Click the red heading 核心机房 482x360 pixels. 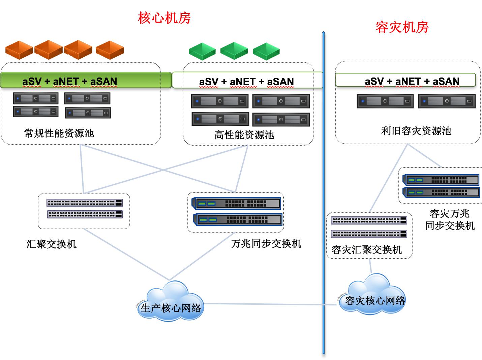(x=164, y=18)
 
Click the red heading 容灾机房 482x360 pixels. (x=402, y=27)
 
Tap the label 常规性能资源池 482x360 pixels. (x=59, y=133)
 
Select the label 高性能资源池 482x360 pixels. (x=244, y=135)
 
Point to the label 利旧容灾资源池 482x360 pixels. (x=416, y=131)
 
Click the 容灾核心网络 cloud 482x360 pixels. (x=374, y=297)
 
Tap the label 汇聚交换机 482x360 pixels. (x=51, y=244)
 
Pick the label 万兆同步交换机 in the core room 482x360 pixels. (x=266, y=243)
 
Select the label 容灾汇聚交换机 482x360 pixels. (x=367, y=250)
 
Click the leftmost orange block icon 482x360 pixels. (x=19, y=50)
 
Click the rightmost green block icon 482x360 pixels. (x=266, y=51)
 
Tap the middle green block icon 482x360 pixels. (x=234, y=51)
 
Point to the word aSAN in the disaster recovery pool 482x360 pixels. (x=446, y=81)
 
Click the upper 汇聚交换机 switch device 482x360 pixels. (x=84, y=203)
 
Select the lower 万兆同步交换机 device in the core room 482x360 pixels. (x=237, y=220)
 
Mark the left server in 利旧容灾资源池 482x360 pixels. (x=385, y=101)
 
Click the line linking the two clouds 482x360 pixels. (x=270, y=304)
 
